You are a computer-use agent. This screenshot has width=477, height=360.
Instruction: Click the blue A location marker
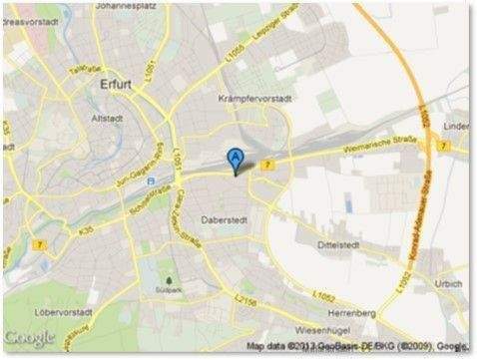(x=235, y=159)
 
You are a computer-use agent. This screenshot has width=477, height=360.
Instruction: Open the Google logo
(x=30, y=337)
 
